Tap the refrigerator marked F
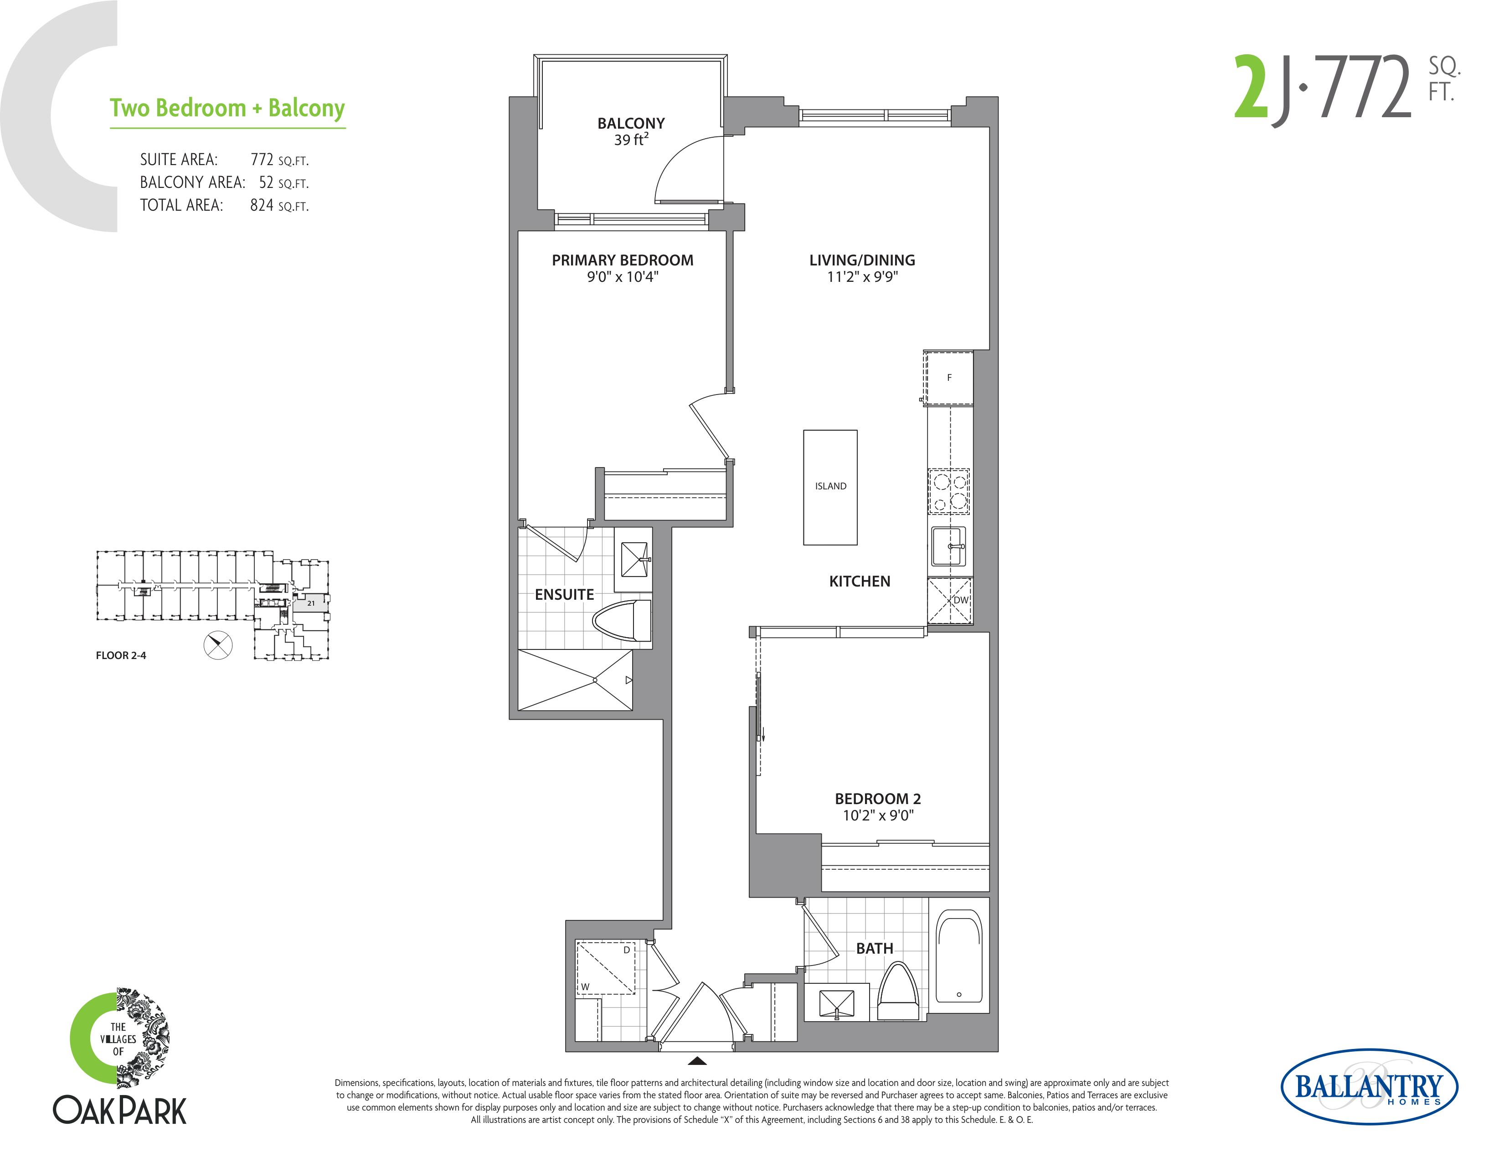click(x=948, y=378)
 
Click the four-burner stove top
click(x=949, y=491)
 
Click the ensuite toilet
click(x=622, y=621)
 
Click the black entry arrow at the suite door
click(x=697, y=1060)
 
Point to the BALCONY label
click(x=631, y=123)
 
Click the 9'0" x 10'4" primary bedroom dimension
click(x=623, y=277)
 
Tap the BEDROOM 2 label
click(x=878, y=799)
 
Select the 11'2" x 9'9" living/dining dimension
click(x=862, y=277)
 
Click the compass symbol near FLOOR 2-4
click(x=218, y=645)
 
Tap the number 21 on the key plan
click(x=311, y=603)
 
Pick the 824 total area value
click(x=262, y=205)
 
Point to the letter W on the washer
click(x=585, y=986)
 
